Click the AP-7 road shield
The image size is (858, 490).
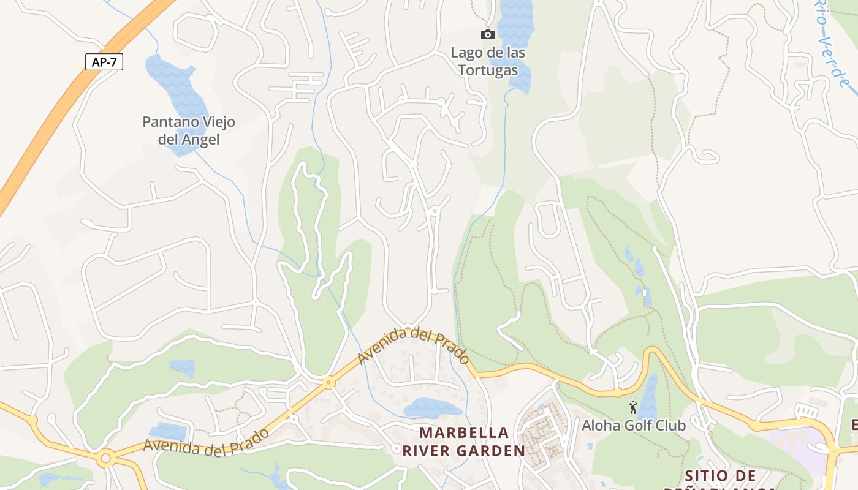click(104, 62)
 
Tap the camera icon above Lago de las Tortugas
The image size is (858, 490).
click(488, 34)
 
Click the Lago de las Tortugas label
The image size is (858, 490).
click(488, 61)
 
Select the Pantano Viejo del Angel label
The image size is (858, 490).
click(189, 130)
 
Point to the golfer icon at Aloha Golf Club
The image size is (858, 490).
click(633, 407)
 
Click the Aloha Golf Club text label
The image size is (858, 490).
click(634, 424)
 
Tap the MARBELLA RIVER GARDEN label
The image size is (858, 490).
click(464, 442)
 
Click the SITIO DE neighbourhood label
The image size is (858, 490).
click(720, 476)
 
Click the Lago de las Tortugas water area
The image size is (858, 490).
click(515, 24)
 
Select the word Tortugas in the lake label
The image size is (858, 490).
click(488, 70)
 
